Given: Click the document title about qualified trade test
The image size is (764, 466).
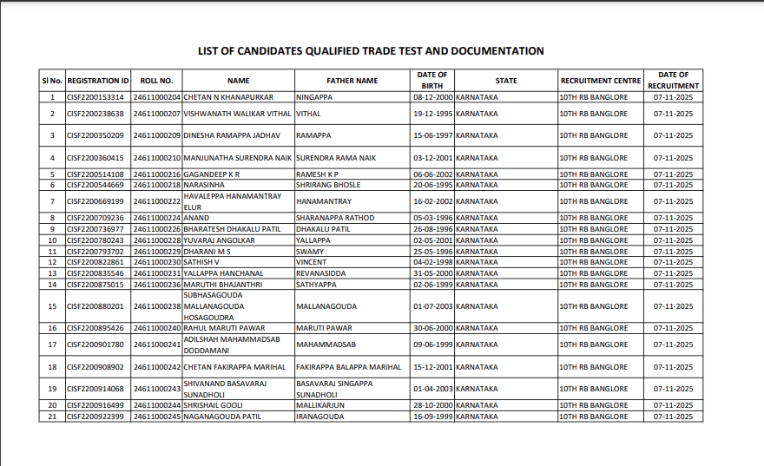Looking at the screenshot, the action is [371, 51].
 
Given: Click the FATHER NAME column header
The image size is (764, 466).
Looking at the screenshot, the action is [352, 81].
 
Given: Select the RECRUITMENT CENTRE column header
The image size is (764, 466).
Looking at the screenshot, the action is [600, 81].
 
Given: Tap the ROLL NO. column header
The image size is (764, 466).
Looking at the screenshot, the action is [157, 81].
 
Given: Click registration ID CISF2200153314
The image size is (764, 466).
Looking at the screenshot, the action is [95, 97].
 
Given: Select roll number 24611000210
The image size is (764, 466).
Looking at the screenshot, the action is [157, 158].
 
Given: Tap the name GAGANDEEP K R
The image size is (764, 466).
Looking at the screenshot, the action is [211, 174].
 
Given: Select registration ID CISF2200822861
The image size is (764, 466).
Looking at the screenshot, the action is [95, 262].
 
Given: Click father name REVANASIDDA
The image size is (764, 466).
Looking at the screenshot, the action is [322, 273].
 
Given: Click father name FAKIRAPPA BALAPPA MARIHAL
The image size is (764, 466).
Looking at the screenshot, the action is [348, 367].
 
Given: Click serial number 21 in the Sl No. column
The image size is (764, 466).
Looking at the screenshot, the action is [52, 417].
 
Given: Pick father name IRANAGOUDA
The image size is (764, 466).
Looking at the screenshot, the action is [319, 417].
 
